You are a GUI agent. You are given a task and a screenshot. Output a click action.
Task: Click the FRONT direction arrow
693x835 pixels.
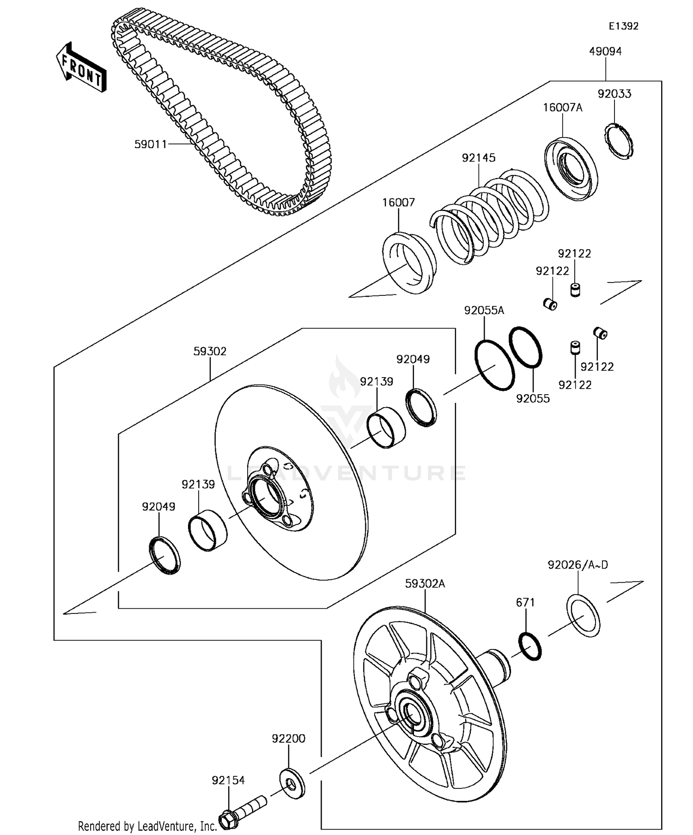click(81, 68)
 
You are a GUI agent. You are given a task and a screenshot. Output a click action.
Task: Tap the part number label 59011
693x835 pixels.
click(150, 144)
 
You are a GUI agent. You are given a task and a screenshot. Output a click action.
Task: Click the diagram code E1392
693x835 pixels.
click(623, 26)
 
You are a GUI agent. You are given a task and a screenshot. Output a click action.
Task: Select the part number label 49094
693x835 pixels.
click(605, 51)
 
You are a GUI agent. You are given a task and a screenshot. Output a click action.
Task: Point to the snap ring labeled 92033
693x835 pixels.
click(619, 142)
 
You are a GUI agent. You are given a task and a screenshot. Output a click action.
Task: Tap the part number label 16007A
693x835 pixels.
click(562, 108)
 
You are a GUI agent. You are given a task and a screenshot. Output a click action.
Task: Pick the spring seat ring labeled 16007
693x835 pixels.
click(409, 263)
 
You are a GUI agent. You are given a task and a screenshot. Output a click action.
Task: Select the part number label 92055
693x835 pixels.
click(533, 399)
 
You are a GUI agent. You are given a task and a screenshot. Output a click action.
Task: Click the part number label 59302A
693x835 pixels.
click(425, 584)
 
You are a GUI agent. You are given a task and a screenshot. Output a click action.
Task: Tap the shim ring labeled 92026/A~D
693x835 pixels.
click(583, 616)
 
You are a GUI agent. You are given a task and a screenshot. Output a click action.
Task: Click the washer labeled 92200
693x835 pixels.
click(292, 783)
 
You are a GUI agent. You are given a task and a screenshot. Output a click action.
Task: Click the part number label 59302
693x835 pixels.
click(210, 352)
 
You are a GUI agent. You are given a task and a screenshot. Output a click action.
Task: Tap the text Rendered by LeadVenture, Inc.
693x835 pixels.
click(147, 826)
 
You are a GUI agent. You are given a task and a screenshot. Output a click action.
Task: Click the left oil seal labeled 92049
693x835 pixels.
click(164, 556)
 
